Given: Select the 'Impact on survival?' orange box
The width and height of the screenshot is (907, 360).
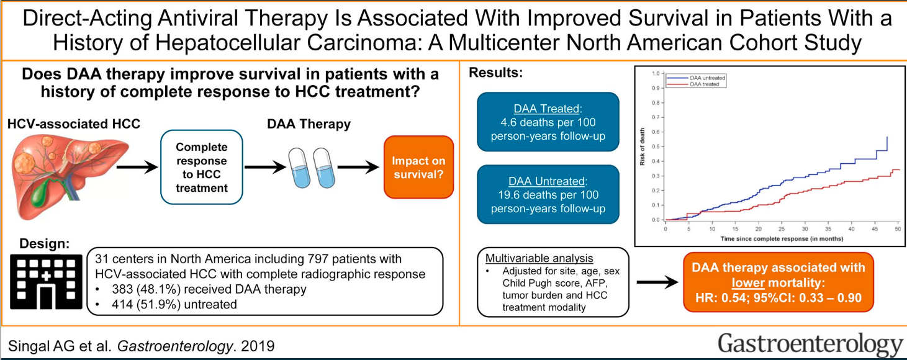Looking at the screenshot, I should coord(418,168).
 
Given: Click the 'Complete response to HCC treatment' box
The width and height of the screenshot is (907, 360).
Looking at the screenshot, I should coord(202,167).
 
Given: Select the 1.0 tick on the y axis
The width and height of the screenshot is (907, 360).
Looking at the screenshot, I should coord(655,73).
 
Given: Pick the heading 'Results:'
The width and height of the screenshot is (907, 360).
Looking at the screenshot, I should coord(495,73).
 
